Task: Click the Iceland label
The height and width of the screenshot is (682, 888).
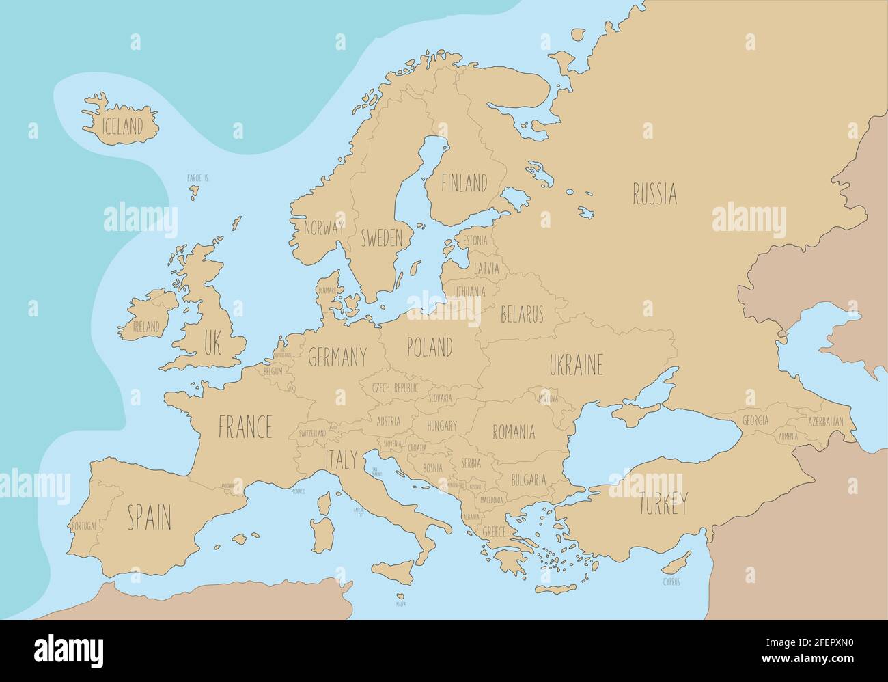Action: pos(122,126)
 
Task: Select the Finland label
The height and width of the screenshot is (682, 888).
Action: pos(464,183)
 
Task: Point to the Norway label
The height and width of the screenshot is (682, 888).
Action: pos(324,228)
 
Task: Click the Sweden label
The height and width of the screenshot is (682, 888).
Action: pos(381,238)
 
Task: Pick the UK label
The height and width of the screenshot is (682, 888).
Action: pos(212,343)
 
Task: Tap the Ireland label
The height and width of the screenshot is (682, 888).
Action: pos(146,327)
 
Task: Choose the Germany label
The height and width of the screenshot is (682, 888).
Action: pos(337,357)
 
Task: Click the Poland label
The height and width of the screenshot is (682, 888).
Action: pos(429,347)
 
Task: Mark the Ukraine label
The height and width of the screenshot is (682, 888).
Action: pos(576,365)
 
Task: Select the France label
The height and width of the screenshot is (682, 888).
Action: pos(245,427)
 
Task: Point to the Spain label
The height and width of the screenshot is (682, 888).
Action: pos(149,517)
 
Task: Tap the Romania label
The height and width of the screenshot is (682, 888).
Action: pos(514,432)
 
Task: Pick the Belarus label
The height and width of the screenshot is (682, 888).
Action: pos(522,314)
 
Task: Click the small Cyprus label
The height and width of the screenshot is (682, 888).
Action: pos(671,582)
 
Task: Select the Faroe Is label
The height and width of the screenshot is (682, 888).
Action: pos(197,178)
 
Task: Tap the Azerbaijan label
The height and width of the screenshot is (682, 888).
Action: pos(825,421)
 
